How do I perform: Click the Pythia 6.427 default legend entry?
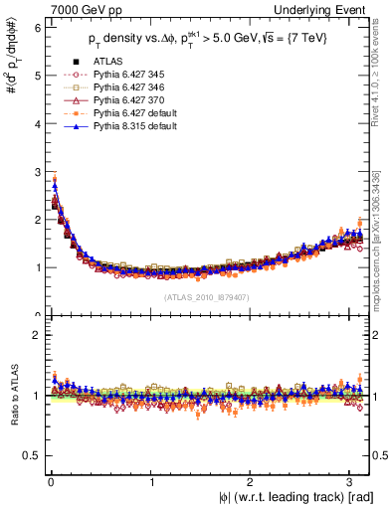pos(133,113)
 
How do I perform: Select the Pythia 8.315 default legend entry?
pos(133,126)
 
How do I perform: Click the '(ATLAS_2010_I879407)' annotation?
pos(206,295)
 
